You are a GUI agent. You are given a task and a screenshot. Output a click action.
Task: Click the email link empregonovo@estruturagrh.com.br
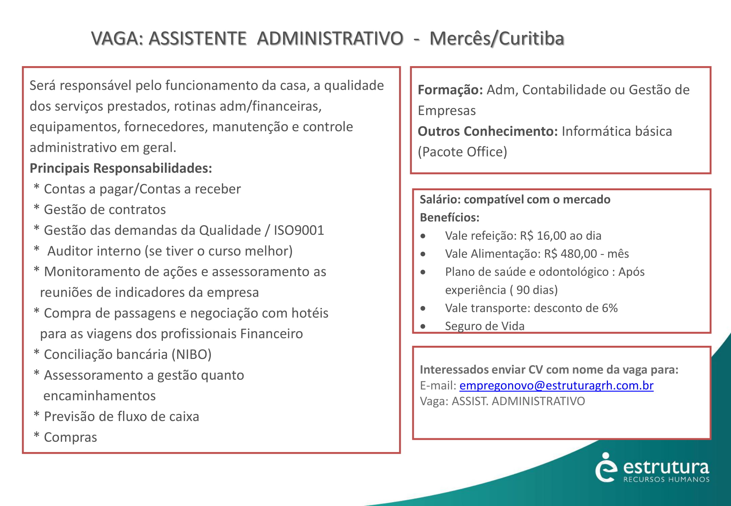[556, 386]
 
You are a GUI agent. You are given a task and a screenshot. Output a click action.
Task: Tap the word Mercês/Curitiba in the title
[497, 38]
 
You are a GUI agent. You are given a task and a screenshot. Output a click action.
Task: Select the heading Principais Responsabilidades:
[121, 168]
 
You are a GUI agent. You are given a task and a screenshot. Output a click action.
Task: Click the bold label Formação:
[450, 90]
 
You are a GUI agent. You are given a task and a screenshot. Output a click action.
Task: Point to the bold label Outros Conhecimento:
[487, 131]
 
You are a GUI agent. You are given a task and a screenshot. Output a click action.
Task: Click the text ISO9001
[299, 230]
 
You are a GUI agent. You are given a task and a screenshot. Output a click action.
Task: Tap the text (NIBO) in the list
[191, 355]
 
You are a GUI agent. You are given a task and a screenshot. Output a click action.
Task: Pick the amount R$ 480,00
[568, 254]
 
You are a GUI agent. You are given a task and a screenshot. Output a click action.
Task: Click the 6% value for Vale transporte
[610, 308]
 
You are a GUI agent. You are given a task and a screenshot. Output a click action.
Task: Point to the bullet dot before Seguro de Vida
[423, 327]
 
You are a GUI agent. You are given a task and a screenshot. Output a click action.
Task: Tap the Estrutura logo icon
[606, 467]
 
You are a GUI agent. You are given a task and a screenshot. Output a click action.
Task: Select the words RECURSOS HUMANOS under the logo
[666, 479]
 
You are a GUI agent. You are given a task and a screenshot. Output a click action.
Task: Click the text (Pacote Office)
[462, 152]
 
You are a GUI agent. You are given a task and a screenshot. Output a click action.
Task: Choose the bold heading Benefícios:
[449, 218]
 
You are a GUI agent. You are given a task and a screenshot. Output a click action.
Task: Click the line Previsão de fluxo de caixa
[121, 417]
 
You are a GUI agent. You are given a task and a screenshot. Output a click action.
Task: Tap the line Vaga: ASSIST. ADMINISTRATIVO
[502, 401]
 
